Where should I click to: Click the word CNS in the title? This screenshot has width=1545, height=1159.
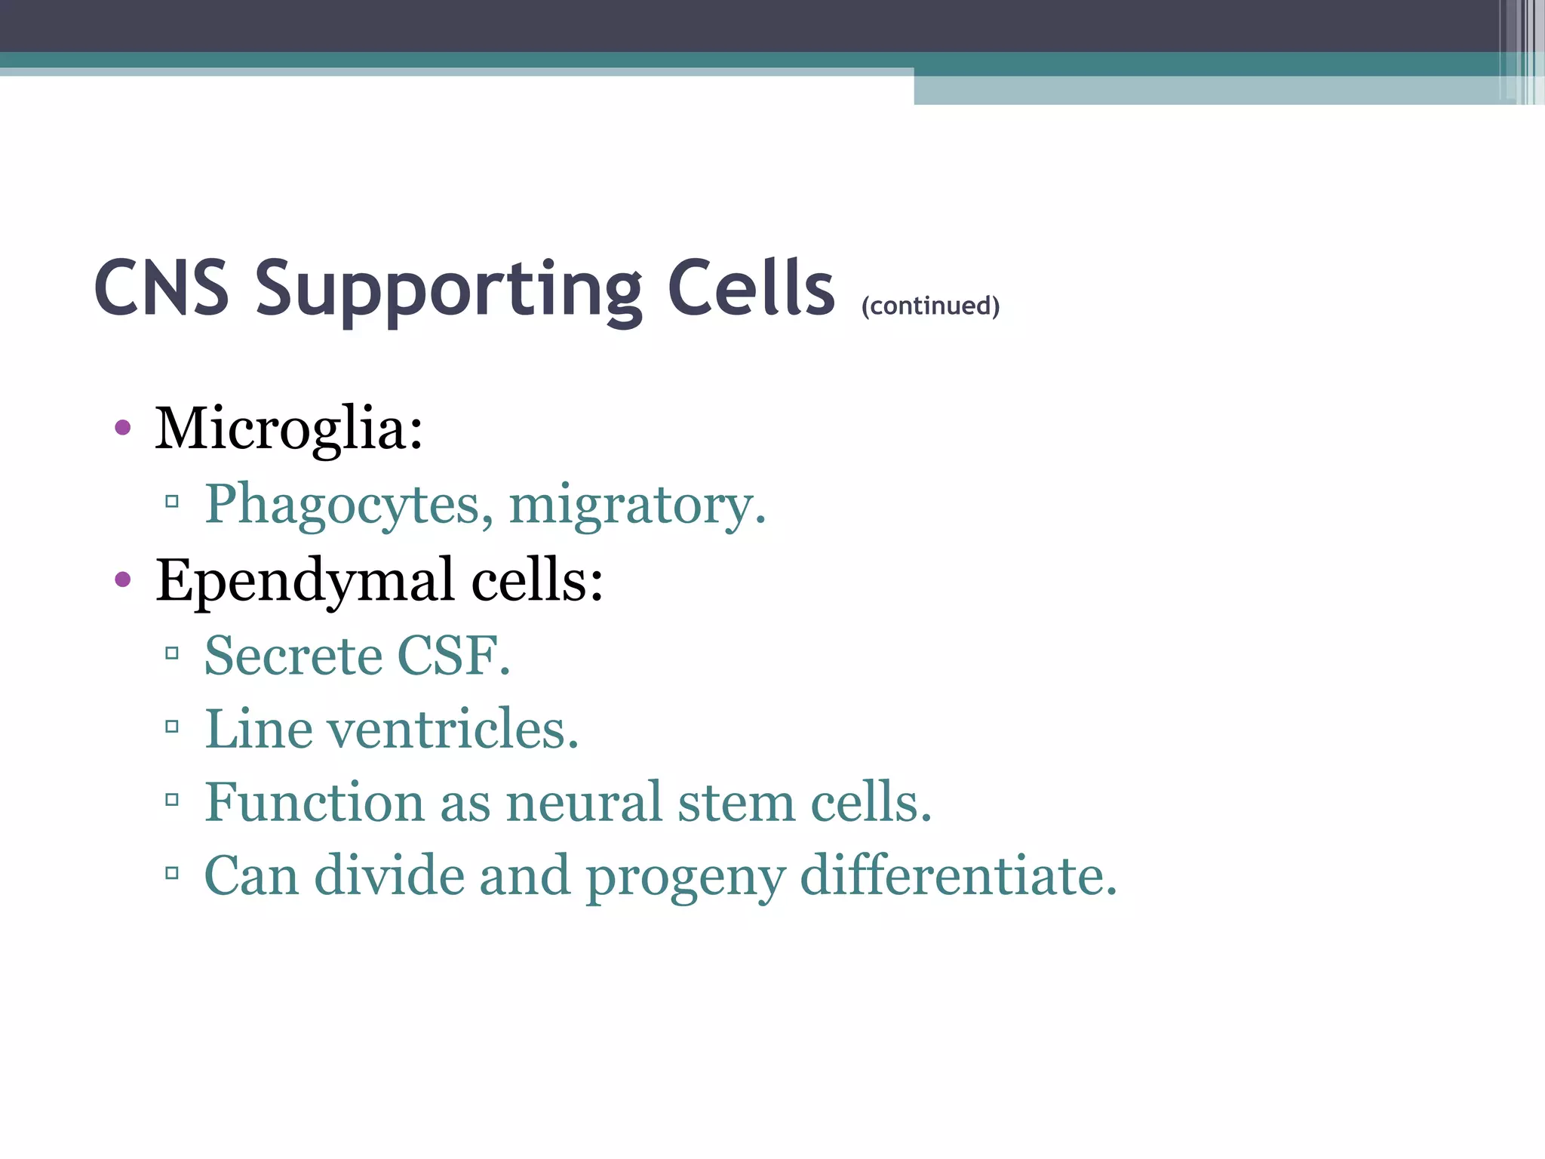coord(161,288)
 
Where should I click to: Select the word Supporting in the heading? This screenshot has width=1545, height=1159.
coord(449,290)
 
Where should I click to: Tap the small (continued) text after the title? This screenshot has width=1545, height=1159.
coord(930,306)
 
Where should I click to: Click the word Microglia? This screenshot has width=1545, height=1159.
coord(288,429)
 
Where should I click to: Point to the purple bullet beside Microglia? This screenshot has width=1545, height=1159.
coord(123,429)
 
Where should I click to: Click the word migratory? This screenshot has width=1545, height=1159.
coord(637,504)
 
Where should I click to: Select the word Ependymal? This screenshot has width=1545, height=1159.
coord(305,580)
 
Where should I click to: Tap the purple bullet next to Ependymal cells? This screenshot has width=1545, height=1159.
coord(123,580)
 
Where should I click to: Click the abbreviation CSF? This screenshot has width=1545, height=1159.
coord(453,655)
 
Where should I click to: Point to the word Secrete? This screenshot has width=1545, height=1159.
coord(293,655)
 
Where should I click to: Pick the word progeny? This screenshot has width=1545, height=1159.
coord(685,877)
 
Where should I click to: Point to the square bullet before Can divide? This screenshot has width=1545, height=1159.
coord(172,874)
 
